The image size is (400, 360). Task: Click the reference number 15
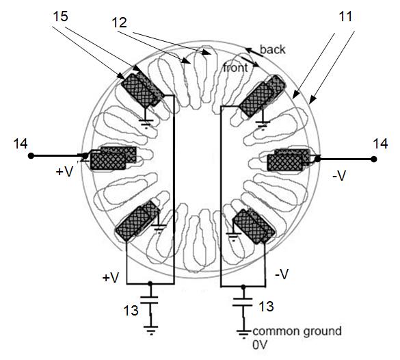click(60, 17)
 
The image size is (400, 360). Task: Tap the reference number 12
click(120, 23)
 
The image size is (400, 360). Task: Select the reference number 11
click(345, 16)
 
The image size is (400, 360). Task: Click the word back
click(272, 49)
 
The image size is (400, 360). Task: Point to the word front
click(235, 68)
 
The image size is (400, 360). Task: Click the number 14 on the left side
click(21, 144)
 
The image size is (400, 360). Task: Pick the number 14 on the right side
click(380, 144)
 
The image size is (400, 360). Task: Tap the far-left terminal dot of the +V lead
click(31, 155)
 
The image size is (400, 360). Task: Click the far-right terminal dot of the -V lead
click(374, 159)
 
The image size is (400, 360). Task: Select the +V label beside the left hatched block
click(64, 171)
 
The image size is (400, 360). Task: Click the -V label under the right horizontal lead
click(339, 176)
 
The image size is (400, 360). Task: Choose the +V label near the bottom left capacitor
click(111, 278)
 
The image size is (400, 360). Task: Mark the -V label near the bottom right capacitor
click(282, 274)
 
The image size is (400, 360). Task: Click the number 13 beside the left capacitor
click(131, 311)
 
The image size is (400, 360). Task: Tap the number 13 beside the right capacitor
click(267, 306)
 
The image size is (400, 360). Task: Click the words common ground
click(297, 331)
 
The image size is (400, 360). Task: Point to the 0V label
click(260, 345)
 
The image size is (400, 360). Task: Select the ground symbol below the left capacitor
click(150, 330)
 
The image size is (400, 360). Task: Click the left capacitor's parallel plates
click(150, 300)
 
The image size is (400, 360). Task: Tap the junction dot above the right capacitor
click(243, 287)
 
